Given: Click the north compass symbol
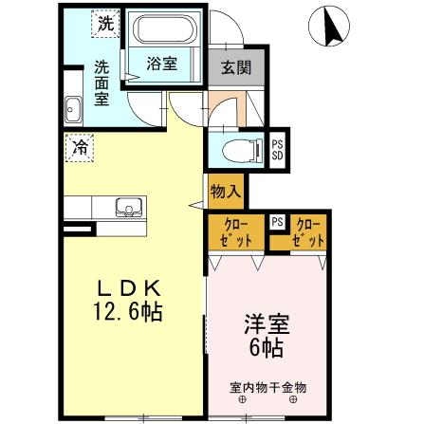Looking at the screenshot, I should pyautogui.click(x=326, y=28).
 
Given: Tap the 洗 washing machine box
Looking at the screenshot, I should pyautogui.click(x=103, y=26).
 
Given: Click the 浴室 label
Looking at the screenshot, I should pyautogui.click(x=161, y=64).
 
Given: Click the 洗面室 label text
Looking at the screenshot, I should pyautogui.click(x=101, y=83).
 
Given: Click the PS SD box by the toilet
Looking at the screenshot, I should pyautogui.click(x=277, y=149).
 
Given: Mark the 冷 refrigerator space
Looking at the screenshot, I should pyautogui.click(x=81, y=148).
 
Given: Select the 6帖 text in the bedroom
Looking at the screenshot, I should pyautogui.click(x=266, y=348).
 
